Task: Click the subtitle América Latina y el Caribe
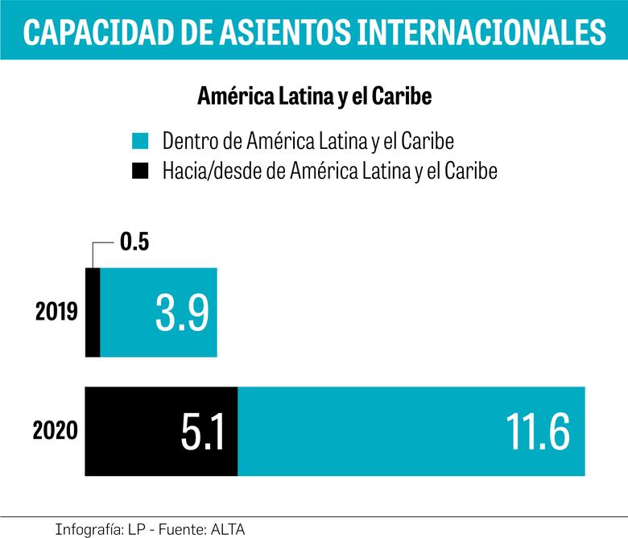(315, 97)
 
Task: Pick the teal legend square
(140, 143)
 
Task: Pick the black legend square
(140, 171)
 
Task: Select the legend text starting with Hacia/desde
(330, 171)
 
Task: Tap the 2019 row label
(56, 312)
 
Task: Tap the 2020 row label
(56, 431)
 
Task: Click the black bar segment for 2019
(93, 312)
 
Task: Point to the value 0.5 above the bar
(135, 243)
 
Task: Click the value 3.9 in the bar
(182, 313)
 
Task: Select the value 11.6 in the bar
(537, 432)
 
